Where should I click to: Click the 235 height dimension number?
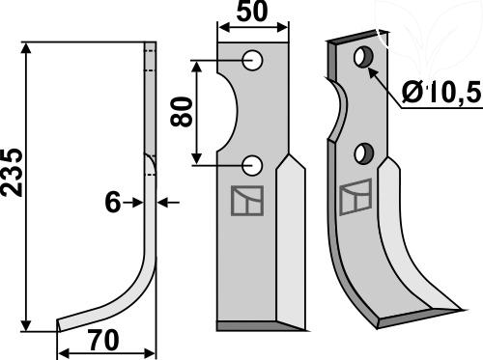(13, 172)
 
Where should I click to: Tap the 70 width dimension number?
(104, 341)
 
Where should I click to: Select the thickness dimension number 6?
(112, 203)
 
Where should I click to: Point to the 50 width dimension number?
(252, 12)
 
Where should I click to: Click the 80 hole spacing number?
(182, 112)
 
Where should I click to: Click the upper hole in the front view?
(252, 61)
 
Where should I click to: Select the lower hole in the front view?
(252, 165)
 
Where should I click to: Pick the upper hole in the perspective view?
(364, 57)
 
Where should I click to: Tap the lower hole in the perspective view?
(364, 154)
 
